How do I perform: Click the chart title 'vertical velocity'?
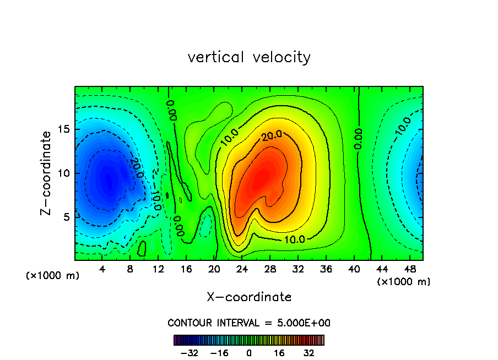(249, 57)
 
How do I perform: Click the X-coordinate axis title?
(249, 297)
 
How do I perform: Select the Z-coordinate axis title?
(47, 173)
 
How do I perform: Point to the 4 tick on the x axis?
(102, 269)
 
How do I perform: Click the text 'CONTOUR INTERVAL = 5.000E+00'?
(249, 323)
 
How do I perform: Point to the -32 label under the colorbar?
(189, 353)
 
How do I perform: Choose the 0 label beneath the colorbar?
(249, 353)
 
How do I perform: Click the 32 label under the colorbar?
(309, 353)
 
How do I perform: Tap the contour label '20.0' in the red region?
(272, 136)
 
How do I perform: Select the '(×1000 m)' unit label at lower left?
(53, 276)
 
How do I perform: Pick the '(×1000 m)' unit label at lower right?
(404, 281)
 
